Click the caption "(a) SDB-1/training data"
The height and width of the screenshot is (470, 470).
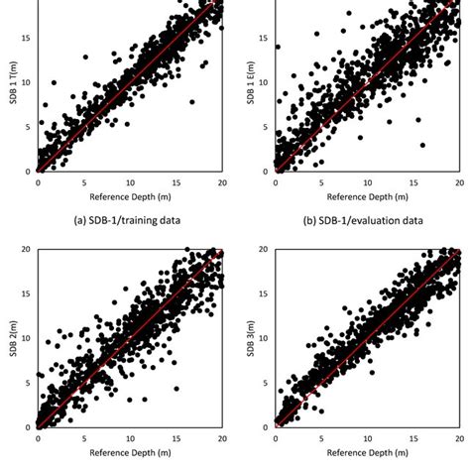(118, 219)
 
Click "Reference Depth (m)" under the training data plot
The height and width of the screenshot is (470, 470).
(131, 196)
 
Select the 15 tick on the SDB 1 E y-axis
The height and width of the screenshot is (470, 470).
(265, 38)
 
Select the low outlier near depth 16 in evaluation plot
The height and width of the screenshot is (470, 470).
(423, 145)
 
